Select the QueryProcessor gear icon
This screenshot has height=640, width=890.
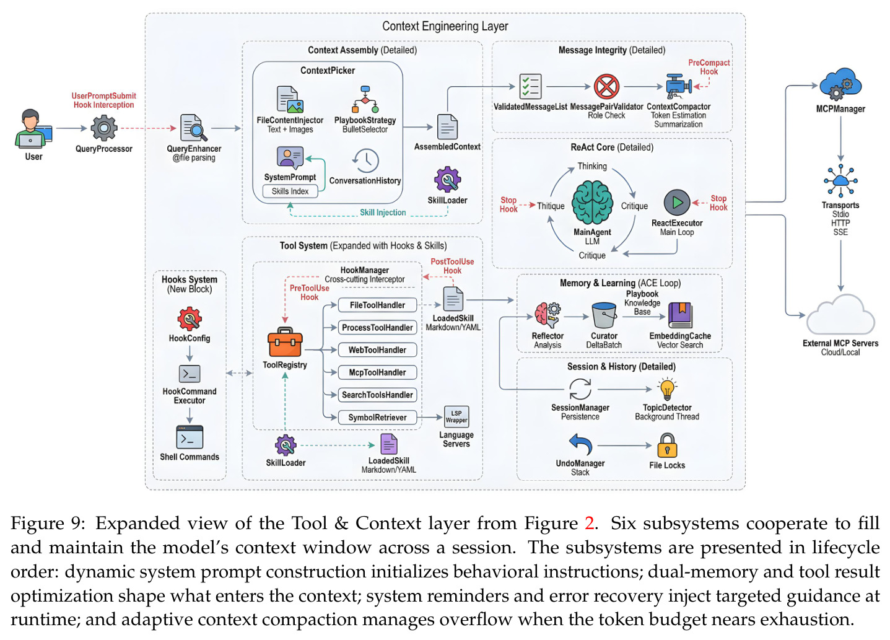pos(103,128)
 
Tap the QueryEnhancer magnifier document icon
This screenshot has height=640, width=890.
pos(193,128)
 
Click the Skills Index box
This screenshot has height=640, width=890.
pos(290,191)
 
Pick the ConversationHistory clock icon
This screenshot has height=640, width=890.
pos(366,160)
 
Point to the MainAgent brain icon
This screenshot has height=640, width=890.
pos(592,202)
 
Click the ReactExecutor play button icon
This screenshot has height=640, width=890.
pos(677,203)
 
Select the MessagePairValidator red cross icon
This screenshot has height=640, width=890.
pos(606,87)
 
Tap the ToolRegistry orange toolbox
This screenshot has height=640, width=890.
pos(285,342)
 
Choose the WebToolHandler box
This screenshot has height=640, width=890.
pos(377,350)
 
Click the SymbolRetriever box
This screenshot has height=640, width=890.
pos(377,418)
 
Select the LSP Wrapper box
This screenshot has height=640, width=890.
pos(456,416)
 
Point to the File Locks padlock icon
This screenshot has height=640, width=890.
pos(667,445)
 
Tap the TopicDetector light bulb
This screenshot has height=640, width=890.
pos(667,389)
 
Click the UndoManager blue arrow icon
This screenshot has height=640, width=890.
pos(580,444)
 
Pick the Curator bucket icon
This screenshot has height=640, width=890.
pos(604,315)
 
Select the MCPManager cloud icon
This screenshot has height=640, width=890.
pos(840,85)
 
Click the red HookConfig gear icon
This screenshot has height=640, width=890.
pos(190,319)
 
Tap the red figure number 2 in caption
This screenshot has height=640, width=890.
pos(590,523)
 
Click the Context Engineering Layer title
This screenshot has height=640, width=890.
pos(445,26)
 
